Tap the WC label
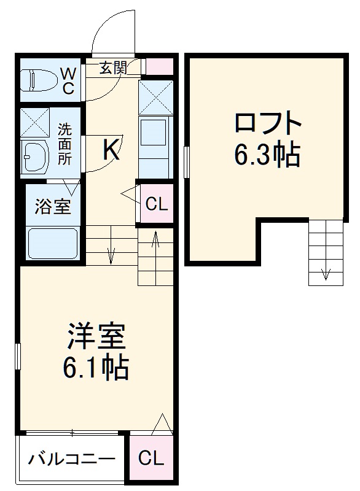tap(67, 80)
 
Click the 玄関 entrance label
tap(114, 68)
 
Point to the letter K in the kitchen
tap(111, 150)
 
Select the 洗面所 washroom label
tap(65, 144)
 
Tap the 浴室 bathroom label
tap(52, 207)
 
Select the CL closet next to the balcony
tap(151, 458)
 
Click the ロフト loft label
tap(267, 123)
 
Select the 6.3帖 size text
tap(267, 156)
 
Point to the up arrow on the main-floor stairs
tap(155, 239)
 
